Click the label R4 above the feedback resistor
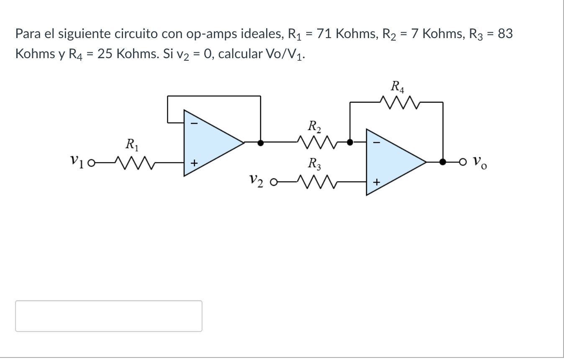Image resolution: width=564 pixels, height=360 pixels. click(x=397, y=87)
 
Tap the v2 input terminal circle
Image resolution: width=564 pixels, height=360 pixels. click(x=274, y=183)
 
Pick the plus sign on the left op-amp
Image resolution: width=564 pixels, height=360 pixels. click(x=194, y=163)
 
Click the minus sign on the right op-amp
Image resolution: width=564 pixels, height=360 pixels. click(x=376, y=143)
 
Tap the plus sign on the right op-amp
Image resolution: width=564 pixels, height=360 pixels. click(x=376, y=183)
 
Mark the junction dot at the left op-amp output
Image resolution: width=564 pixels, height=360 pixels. click(x=260, y=142)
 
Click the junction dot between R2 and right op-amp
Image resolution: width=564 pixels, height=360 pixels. click(x=350, y=142)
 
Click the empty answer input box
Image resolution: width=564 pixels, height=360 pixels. click(x=109, y=316)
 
